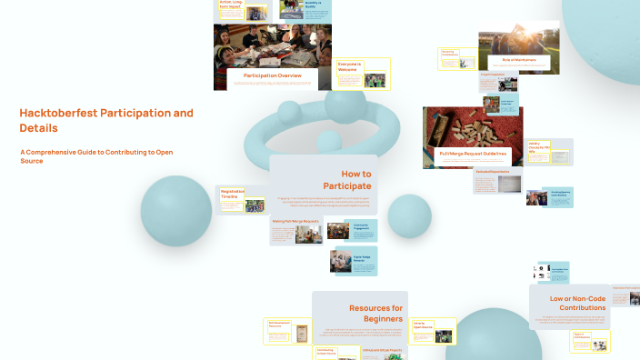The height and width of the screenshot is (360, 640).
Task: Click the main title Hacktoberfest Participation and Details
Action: click(106, 120)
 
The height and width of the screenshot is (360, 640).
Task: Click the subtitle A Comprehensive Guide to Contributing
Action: click(96, 156)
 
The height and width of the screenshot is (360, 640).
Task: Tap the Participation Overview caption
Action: click(272, 75)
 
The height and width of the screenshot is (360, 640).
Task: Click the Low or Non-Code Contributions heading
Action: click(577, 303)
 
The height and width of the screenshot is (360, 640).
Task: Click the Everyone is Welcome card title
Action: click(350, 66)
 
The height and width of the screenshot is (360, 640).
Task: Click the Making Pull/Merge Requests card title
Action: click(294, 221)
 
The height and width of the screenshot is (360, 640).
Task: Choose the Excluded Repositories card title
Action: click(491, 172)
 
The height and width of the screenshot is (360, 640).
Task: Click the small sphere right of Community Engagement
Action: click(409, 215)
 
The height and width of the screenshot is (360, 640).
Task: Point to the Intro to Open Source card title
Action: click(422, 324)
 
